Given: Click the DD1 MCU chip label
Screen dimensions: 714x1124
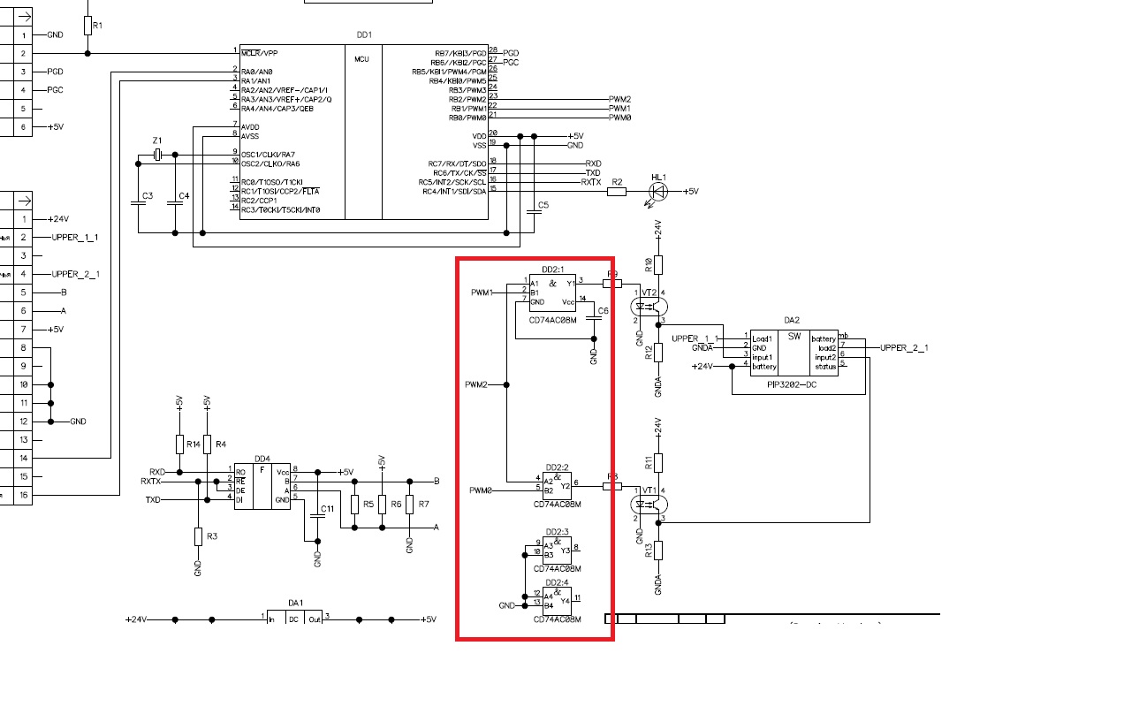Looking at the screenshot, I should click(364, 35).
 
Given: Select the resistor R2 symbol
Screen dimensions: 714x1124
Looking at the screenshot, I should click(617, 192).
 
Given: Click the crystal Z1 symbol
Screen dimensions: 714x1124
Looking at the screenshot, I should click(156, 156).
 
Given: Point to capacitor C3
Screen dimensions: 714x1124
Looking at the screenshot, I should click(138, 203).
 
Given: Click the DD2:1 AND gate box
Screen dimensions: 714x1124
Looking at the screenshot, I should click(552, 292).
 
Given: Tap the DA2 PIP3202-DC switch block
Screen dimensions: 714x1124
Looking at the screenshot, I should click(792, 352).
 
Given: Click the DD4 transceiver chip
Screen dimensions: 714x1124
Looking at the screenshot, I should click(262, 485).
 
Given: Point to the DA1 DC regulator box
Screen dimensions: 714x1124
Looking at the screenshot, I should click(294, 619).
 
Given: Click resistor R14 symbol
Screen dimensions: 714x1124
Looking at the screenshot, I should click(179, 443).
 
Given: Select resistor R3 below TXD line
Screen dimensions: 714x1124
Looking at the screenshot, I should click(198, 536).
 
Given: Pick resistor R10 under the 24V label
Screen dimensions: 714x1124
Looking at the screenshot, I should click(657, 264).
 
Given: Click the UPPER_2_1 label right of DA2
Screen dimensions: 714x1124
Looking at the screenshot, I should click(904, 348).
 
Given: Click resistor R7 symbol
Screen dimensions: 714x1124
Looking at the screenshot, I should click(409, 505).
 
